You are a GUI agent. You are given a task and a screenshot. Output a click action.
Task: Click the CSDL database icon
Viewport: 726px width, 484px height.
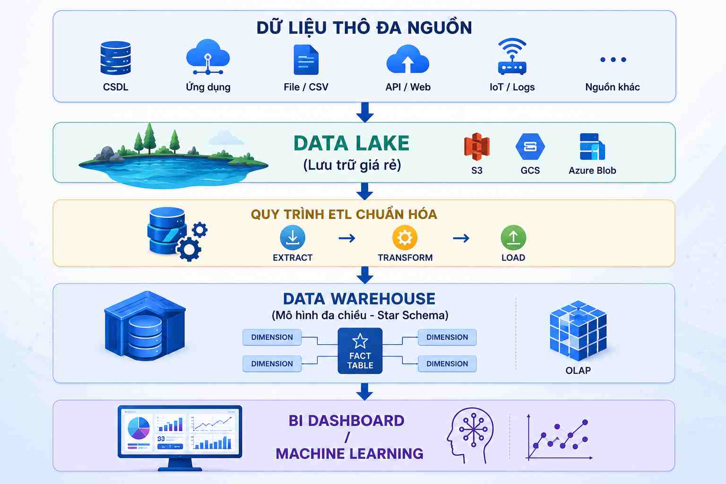[x=116, y=58]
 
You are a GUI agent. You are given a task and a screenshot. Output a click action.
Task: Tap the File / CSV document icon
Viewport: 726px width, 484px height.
[x=306, y=60]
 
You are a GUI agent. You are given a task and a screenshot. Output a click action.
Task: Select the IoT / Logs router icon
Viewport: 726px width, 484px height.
[x=512, y=56]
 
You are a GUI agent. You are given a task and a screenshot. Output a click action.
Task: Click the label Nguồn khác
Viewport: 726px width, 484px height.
[x=612, y=87]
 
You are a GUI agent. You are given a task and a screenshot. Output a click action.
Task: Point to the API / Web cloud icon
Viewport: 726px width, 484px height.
[x=408, y=59]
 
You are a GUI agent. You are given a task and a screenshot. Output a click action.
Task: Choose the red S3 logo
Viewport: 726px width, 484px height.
[x=476, y=147]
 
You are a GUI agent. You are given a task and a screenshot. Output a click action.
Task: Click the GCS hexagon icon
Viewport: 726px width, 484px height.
[x=530, y=147]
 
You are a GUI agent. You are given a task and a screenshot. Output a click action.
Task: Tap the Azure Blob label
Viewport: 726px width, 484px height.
[x=592, y=171]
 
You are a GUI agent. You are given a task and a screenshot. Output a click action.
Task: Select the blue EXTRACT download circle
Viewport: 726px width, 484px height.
[x=293, y=238]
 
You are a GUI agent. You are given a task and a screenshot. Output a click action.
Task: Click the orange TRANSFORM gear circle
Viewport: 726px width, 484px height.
[x=405, y=238]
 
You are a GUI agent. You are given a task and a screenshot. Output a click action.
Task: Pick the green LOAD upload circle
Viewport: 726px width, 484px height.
[x=513, y=238]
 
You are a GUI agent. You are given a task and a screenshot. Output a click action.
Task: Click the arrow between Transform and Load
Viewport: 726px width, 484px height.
[x=461, y=239]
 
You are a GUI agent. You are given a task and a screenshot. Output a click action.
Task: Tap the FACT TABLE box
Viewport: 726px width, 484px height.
[x=360, y=351]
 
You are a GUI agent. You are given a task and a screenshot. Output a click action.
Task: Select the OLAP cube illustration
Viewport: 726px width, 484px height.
[x=578, y=331]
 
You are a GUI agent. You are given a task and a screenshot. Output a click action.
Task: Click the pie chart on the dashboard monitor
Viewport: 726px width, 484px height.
[x=138, y=428]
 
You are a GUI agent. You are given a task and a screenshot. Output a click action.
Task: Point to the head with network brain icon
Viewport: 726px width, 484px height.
[x=470, y=435]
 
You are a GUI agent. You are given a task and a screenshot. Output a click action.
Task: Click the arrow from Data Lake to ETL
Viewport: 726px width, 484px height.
[x=364, y=191]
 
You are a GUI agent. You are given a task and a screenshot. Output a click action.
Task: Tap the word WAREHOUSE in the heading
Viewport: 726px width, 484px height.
[x=383, y=299]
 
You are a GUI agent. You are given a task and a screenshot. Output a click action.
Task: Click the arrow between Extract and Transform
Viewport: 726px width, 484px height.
[x=347, y=239]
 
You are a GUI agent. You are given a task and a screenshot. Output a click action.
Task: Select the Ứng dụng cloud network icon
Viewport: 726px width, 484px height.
[x=208, y=57]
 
